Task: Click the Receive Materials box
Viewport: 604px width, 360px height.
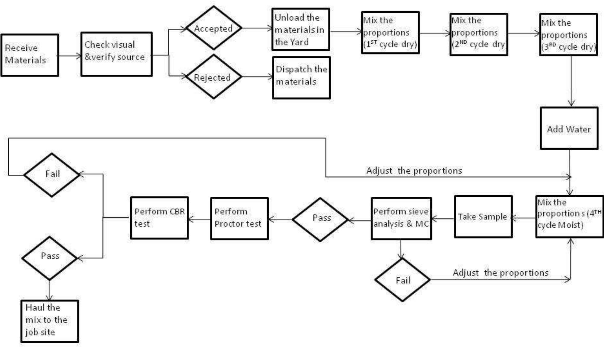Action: pos(30,55)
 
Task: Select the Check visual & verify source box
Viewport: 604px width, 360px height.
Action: pos(116,54)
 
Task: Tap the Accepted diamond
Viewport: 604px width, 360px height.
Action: pos(214,28)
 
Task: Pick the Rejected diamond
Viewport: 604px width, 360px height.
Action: pos(213,77)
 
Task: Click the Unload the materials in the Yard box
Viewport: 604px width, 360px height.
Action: pos(301,29)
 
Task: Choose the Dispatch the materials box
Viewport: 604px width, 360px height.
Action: pos(301,77)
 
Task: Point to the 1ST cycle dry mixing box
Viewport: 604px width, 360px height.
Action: pos(390,33)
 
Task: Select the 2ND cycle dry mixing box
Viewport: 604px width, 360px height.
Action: pos(479,34)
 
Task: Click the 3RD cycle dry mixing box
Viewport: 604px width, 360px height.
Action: pos(568,35)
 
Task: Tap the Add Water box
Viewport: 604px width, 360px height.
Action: pos(569,128)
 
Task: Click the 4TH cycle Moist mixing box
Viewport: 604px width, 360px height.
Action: pos(569,216)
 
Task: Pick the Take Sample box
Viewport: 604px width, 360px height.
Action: pos(483,217)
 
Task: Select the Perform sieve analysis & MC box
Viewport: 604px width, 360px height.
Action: pos(401,218)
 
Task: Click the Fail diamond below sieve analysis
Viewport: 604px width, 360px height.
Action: pos(402,280)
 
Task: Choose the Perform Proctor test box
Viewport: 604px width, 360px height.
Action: pos(239,218)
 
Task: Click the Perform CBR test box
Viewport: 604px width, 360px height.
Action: pos(159,218)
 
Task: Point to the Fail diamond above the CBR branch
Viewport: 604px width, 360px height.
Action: pos(52,175)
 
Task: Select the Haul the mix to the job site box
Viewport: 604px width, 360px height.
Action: pos(50,321)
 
